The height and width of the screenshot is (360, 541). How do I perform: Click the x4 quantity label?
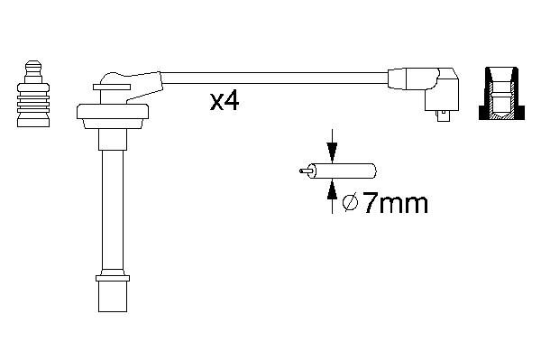[x=225, y=101]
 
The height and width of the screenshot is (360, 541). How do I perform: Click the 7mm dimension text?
[x=396, y=203]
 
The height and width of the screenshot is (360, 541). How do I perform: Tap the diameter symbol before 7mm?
[x=351, y=203]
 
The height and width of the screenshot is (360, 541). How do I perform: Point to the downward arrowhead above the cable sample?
[x=332, y=152]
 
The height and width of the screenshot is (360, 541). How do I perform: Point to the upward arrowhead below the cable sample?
[x=332, y=189]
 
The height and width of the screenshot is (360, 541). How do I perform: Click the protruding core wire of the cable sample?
[x=306, y=171]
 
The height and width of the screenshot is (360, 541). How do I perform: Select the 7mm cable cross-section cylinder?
[x=343, y=171]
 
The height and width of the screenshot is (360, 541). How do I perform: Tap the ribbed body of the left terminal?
[x=33, y=105]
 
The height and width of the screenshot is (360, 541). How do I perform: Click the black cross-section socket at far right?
[x=501, y=93]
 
